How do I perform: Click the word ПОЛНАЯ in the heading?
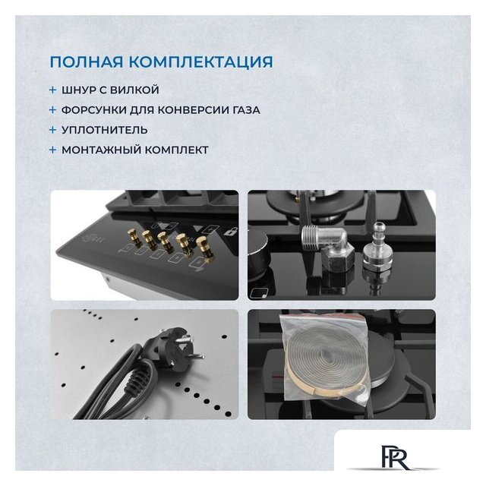[87, 62]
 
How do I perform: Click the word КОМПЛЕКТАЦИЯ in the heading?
[200, 62]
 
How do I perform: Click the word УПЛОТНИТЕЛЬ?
[105, 130]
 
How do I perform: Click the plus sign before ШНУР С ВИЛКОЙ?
[52, 90]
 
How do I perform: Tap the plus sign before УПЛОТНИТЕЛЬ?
[52, 130]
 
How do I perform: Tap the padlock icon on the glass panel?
[231, 232]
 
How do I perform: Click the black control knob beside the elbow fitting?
[258, 255]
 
